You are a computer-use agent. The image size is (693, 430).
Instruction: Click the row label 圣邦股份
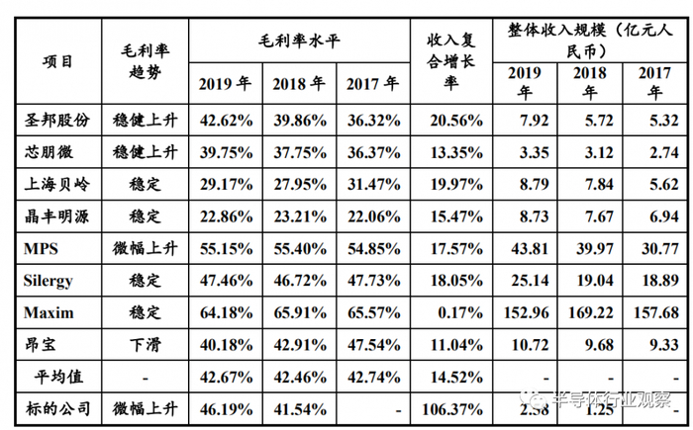pos(57,120)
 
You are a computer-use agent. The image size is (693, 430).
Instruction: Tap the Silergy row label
pos(49,280)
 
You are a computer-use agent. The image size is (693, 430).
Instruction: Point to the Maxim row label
pos(47,312)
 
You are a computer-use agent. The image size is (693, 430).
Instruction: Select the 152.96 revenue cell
pos(527,312)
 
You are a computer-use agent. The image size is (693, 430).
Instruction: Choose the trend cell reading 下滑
pos(145,344)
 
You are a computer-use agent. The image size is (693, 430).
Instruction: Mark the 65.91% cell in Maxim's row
pos(299,312)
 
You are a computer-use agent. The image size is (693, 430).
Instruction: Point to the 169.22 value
pos(590,312)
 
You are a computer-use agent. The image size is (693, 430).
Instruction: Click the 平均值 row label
pos(57,376)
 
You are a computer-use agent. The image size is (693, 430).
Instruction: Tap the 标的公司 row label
pos(57,407)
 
